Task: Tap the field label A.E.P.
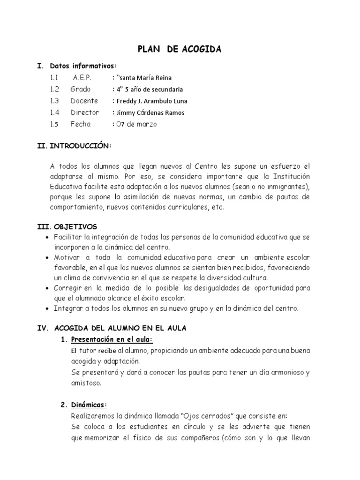[82, 77]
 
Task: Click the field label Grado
[81, 89]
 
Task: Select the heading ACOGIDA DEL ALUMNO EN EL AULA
[120, 328]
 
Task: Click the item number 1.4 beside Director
[54, 112]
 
